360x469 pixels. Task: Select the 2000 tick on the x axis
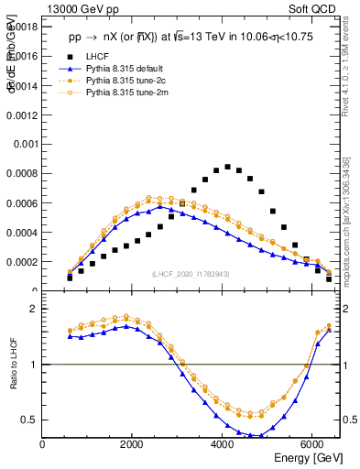click(x=133, y=444)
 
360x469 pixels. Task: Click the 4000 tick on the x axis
click(x=223, y=444)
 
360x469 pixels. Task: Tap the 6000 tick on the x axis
click(x=312, y=444)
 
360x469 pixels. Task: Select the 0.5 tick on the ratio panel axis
click(x=30, y=420)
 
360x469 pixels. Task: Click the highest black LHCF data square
click(x=227, y=167)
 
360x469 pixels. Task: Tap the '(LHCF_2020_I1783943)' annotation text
click(x=191, y=275)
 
